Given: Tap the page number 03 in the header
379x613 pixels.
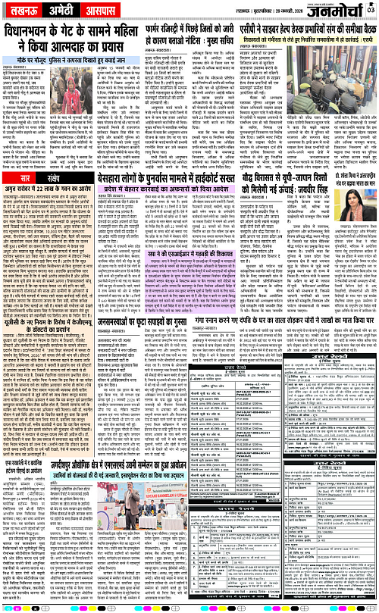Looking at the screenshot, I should pyautogui.click(x=370, y=8).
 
